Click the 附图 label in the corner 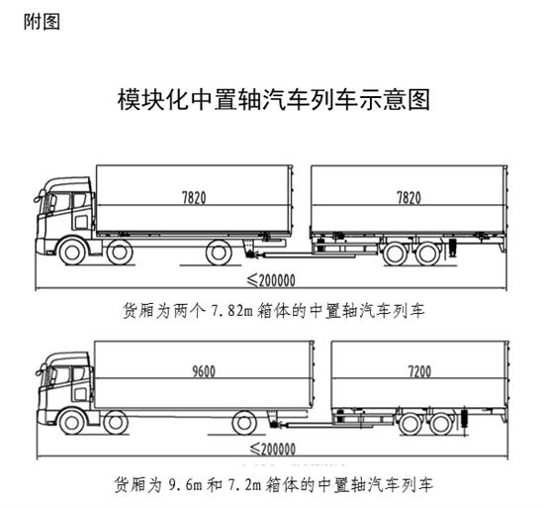coord(42,22)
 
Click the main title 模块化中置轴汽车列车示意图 coord(274,100)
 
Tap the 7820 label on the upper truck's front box coord(194,198)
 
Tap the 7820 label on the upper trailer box coord(408,198)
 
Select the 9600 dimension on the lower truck coord(204,371)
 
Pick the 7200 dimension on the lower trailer coord(419,371)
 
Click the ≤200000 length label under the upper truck coord(271,280)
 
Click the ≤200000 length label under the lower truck coord(273,449)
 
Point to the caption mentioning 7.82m coord(274,310)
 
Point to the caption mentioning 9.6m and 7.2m coord(274,484)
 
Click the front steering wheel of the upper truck coord(72,252)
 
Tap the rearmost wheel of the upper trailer coord(428,254)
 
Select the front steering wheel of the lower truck coord(72,422)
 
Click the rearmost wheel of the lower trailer coord(442,424)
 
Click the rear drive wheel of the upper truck coord(219,253)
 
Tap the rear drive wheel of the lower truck coord(244,423)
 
